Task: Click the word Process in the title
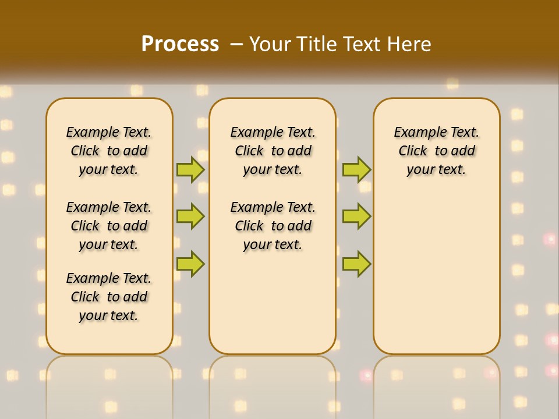pos(180,44)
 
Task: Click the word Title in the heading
pos(318,44)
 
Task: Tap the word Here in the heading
pos(409,44)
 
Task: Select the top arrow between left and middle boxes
pos(190,170)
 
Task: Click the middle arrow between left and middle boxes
pos(190,216)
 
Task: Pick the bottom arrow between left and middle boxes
pos(190,264)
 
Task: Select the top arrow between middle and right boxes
pos(356,170)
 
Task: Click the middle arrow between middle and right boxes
pos(356,216)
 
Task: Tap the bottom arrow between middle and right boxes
pos(356,264)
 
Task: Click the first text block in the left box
pos(109,151)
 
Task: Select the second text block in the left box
pos(109,226)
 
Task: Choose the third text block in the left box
pos(109,297)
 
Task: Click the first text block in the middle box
pos(273,151)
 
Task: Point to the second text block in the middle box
pos(273,226)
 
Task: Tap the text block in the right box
pos(437,151)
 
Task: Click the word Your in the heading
pos(269,44)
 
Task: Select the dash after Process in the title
pos(236,44)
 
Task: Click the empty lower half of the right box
pos(437,279)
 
